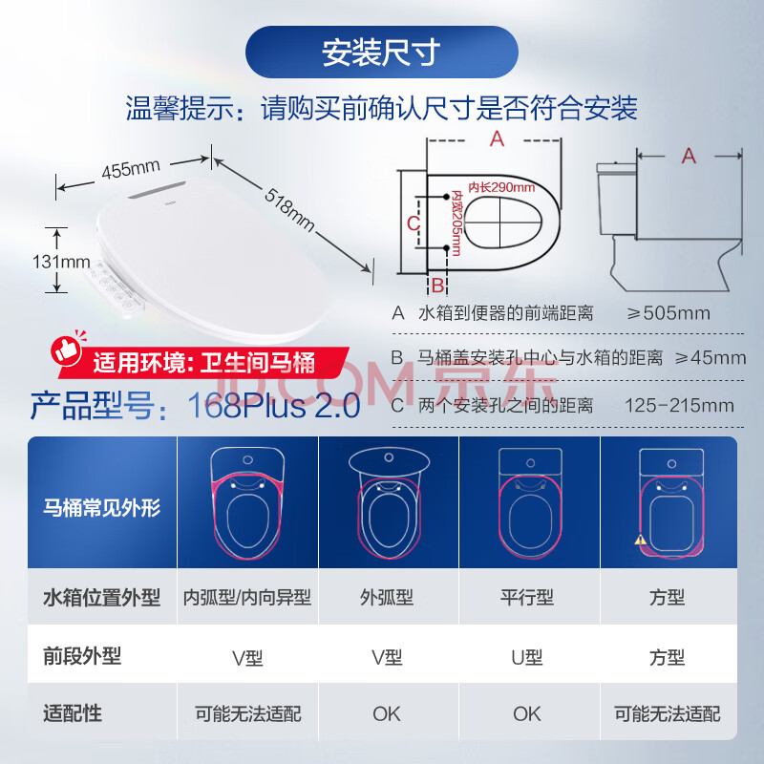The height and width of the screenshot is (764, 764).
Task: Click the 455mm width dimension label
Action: (x=131, y=169)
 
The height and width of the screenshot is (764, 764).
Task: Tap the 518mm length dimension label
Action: (x=289, y=209)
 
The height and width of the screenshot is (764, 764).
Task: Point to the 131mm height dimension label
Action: (x=61, y=262)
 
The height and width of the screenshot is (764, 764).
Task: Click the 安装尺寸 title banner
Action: (x=381, y=53)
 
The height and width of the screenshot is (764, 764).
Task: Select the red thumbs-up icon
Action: (x=67, y=349)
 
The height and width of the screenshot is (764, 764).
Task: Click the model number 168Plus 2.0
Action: (x=274, y=405)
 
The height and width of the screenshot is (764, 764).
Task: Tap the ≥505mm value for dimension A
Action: (x=668, y=313)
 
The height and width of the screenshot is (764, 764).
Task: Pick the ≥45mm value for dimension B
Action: (x=710, y=357)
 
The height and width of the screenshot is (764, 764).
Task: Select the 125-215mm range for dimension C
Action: (x=679, y=405)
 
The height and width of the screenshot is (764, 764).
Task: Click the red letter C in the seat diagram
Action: (x=414, y=223)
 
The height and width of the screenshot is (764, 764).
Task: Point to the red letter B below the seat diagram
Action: (x=437, y=286)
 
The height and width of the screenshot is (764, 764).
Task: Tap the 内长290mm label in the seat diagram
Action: (x=501, y=187)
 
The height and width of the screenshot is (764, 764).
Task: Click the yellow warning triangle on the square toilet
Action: (x=640, y=540)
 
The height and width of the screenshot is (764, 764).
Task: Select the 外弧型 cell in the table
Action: (x=387, y=598)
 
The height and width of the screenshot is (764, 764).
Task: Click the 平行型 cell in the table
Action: (x=527, y=598)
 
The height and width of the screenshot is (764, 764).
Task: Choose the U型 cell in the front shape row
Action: (x=527, y=657)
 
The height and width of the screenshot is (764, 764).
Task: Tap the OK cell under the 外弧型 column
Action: (x=387, y=713)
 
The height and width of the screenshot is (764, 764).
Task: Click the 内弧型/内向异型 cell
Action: (x=247, y=598)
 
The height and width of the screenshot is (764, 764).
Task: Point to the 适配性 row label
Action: (x=73, y=713)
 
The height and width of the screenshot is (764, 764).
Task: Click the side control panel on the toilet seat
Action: (x=116, y=288)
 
